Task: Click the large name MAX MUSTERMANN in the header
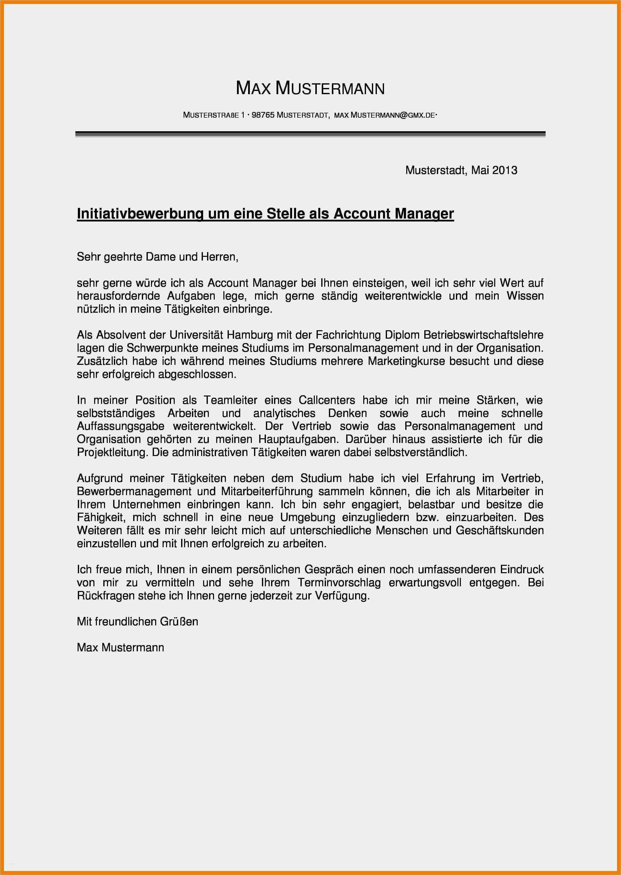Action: (310, 88)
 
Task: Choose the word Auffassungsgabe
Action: (120, 426)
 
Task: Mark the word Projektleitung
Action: (112, 452)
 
